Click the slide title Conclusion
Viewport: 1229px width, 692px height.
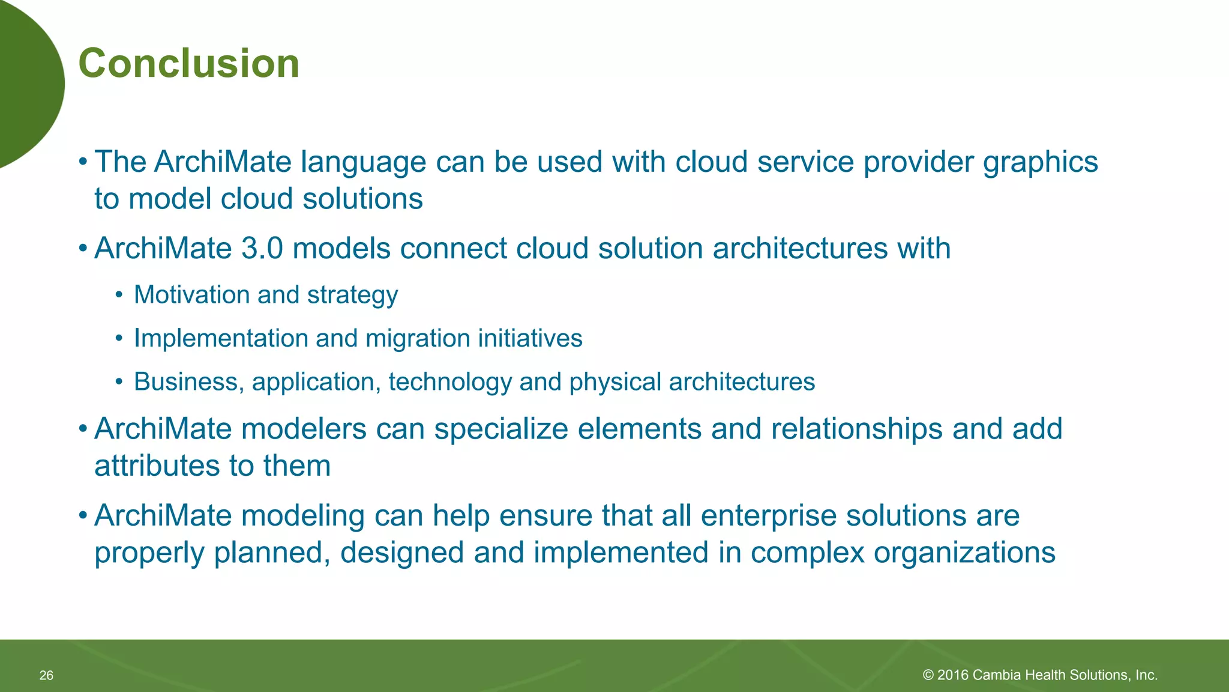coord(188,64)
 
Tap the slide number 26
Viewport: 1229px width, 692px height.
coord(46,675)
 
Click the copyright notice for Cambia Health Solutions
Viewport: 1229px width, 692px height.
coord(1039,675)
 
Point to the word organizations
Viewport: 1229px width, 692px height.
coord(964,553)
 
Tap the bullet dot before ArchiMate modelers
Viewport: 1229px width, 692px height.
coord(83,429)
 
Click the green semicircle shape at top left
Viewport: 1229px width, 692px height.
coord(27,84)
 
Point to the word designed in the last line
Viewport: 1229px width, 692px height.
coord(401,553)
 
